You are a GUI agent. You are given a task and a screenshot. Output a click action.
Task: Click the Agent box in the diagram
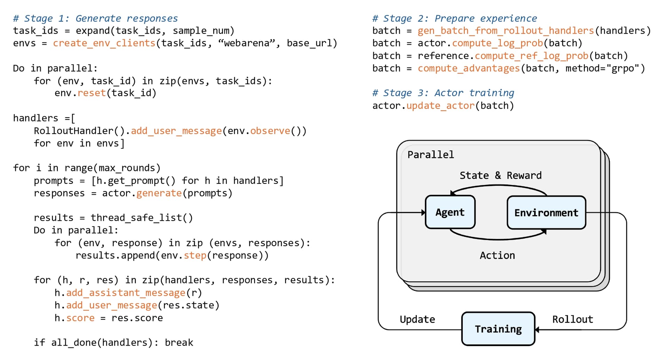click(450, 212)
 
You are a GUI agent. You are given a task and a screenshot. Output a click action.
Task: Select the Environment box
click(546, 212)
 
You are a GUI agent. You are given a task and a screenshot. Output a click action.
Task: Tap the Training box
click(498, 329)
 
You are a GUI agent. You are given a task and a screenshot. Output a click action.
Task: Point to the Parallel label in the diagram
click(431, 155)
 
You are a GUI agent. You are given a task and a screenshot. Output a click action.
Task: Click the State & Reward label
click(501, 175)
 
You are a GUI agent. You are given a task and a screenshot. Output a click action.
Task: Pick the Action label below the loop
click(497, 255)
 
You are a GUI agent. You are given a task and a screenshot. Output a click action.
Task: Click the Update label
click(417, 320)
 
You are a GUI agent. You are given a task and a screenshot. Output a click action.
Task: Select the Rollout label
click(573, 319)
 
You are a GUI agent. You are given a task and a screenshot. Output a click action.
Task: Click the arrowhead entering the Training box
click(537, 329)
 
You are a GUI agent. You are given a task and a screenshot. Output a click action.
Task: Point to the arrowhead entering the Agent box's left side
click(423, 212)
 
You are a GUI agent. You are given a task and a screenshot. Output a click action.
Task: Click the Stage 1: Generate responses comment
click(95, 18)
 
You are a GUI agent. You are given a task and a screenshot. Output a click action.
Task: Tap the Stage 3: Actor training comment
click(443, 93)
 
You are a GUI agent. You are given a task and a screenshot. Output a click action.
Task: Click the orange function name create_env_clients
click(104, 44)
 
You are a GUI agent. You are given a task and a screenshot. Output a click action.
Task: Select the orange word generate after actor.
click(159, 194)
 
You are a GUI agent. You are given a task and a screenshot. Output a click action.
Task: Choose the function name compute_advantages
click(469, 69)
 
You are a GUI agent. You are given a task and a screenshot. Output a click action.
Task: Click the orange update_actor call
click(440, 106)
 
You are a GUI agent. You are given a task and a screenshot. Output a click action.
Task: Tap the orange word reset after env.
click(92, 93)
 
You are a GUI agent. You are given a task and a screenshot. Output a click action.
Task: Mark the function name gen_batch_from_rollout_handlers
click(506, 31)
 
